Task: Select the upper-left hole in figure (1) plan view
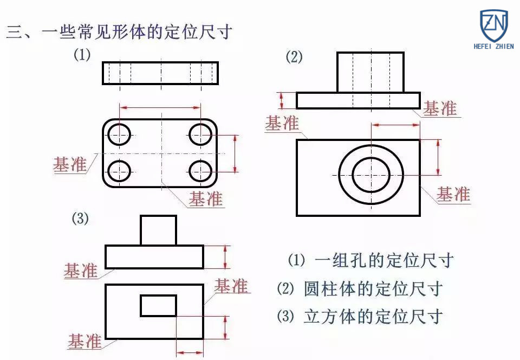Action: [x=119, y=133]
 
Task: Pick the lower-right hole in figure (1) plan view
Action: [x=201, y=171]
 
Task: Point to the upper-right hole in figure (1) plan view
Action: [x=201, y=133]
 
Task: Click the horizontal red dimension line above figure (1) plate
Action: [x=160, y=108]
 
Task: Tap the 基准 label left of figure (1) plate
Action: [x=69, y=165]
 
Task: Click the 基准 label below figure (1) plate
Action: [x=205, y=199]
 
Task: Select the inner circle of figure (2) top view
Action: [x=371, y=174]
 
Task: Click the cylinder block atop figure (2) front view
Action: [x=370, y=72]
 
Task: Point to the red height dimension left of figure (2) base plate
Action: [x=281, y=100]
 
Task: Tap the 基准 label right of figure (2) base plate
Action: [x=440, y=108]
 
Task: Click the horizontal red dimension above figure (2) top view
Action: [x=395, y=125]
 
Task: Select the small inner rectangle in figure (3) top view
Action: [x=158, y=305]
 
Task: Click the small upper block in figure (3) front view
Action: [x=158, y=230]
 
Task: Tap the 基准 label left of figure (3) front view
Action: [x=81, y=271]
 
